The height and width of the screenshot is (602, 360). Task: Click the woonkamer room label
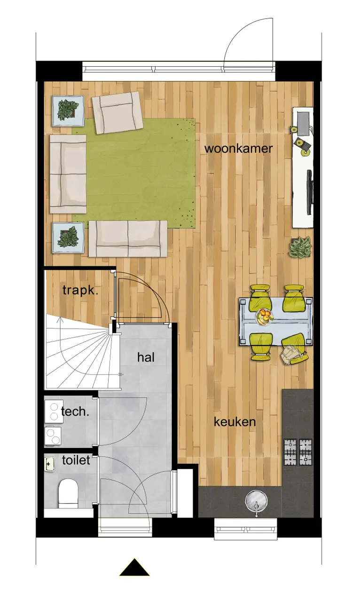coord(239,148)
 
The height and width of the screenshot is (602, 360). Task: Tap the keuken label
coord(235,422)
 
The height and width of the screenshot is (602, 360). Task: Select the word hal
coord(146,357)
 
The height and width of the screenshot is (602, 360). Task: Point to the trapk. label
coord(80,290)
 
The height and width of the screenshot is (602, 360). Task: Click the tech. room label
coord(75,412)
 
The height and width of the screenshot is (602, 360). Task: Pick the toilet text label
coord(76,460)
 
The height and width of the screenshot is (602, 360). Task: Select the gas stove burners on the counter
coord(298,452)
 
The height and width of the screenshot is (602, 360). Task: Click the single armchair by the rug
coord(117,112)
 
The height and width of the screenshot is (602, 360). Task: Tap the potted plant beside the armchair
coord(65,111)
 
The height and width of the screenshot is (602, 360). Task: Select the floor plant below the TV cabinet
coord(300,247)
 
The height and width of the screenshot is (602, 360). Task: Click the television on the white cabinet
coord(310,192)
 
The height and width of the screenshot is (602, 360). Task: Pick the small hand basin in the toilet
coord(50,464)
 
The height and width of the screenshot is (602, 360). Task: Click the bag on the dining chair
coord(290,355)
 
